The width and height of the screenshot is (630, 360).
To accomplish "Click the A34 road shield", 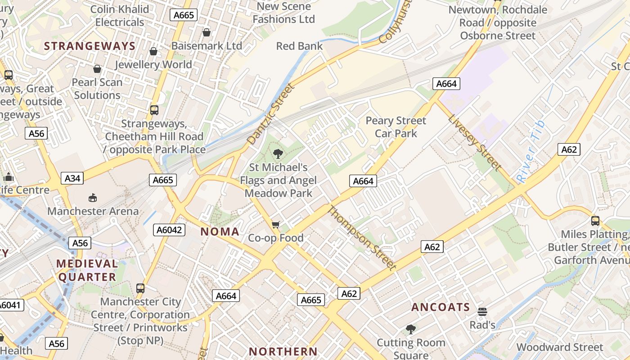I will (x=72, y=178).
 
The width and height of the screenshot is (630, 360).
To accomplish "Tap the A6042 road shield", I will (x=169, y=230).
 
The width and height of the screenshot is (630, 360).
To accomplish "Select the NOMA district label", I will (x=220, y=232).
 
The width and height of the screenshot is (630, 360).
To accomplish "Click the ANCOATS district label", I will (x=441, y=307).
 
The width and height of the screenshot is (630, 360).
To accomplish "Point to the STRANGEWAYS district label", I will (x=90, y=46).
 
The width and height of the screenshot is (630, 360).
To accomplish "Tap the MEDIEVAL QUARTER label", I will (x=87, y=270).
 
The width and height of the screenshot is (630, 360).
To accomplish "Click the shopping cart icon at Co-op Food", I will (x=276, y=224).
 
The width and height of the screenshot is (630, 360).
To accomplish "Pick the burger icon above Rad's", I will (x=482, y=312).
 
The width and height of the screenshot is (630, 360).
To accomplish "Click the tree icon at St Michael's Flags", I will (x=278, y=154).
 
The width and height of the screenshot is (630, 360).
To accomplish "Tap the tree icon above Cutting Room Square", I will (x=410, y=329).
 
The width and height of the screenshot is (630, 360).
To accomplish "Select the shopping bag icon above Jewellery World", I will (x=153, y=51).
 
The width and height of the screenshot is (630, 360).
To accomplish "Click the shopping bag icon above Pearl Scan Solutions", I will (x=97, y=69).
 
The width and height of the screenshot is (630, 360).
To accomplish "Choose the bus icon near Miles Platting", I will (x=595, y=221).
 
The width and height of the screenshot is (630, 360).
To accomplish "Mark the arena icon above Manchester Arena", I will (x=93, y=198).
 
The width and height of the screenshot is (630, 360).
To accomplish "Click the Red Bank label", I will (x=299, y=46).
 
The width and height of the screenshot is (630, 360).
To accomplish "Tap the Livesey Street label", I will (x=475, y=143).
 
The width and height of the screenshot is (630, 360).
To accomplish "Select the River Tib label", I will (x=531, y=152).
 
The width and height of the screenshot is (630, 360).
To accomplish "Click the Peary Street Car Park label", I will (x=396, y=127).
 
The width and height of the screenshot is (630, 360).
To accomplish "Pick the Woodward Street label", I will (x=559, y=347).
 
